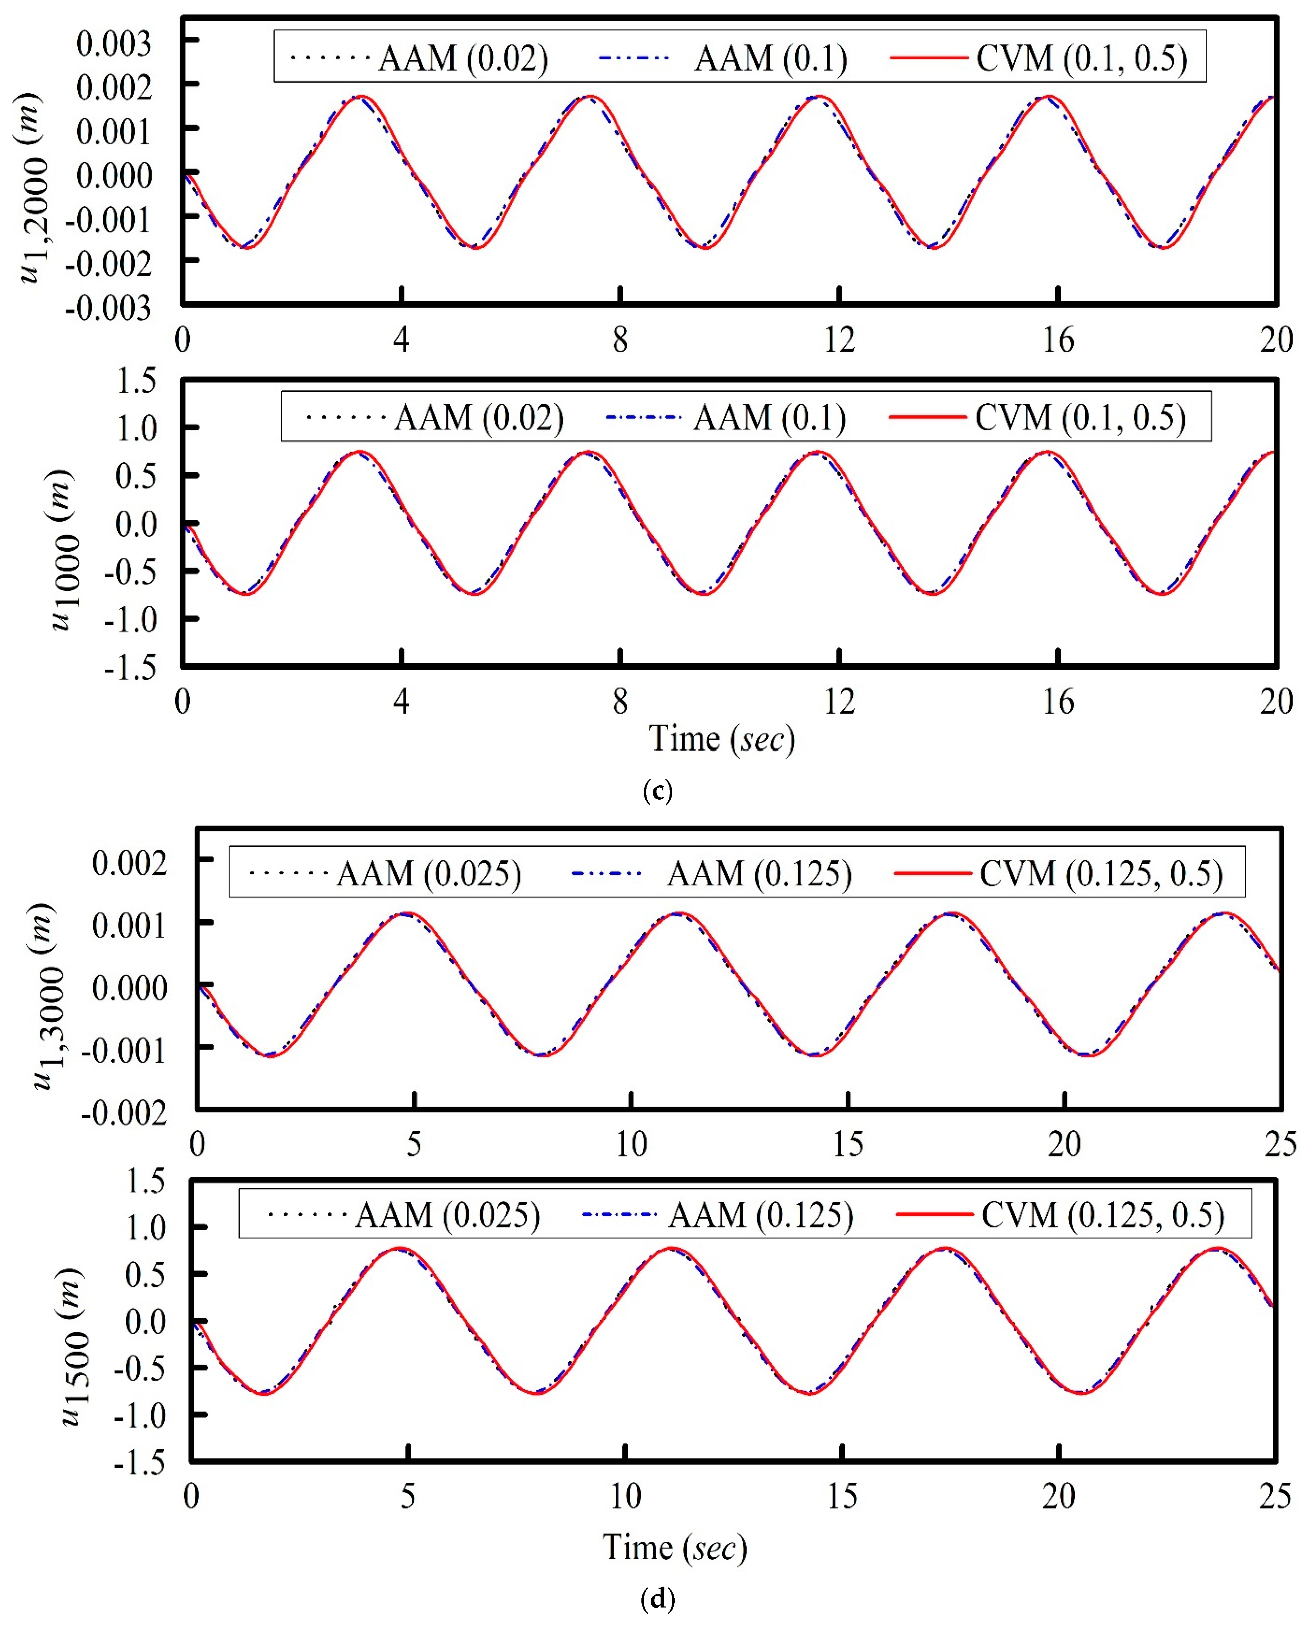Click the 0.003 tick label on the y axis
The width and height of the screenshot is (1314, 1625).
[113, 44]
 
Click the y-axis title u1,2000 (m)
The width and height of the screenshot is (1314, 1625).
[32, 188]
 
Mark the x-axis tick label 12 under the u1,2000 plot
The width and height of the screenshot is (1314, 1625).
[839, 341]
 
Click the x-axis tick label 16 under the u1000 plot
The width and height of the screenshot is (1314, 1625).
[1058, 702]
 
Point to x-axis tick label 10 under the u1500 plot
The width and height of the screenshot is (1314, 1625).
[625, 1496]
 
